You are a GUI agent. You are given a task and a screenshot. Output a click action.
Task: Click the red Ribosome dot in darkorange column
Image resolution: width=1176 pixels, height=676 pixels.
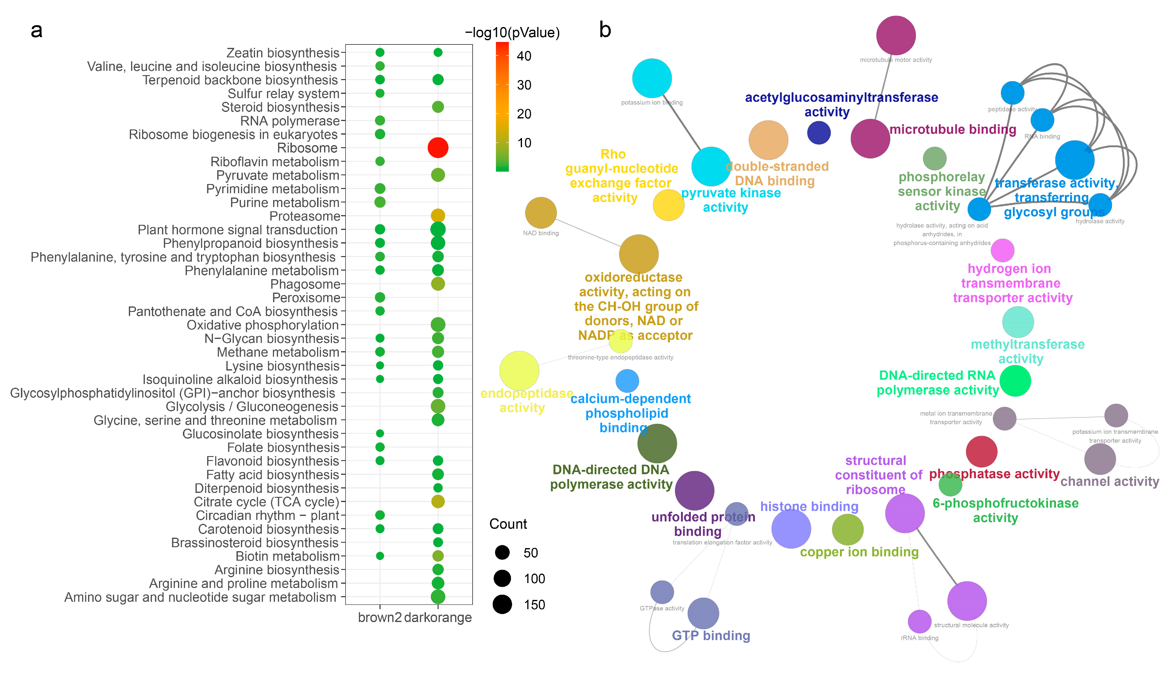(x=438, y=148)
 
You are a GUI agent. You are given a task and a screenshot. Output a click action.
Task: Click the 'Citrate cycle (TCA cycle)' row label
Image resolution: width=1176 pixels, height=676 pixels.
(x=267, y=502)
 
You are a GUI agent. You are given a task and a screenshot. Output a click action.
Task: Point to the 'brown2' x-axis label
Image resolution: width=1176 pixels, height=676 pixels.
(x=379, y=617)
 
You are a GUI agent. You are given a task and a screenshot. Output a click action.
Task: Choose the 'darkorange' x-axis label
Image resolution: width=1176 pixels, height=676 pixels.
(x=438, y=617)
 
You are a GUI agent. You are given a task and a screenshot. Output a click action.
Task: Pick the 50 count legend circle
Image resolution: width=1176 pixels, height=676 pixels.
(x=502, y=552)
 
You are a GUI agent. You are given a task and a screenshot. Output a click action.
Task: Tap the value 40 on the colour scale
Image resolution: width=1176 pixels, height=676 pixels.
(x=524, y=56)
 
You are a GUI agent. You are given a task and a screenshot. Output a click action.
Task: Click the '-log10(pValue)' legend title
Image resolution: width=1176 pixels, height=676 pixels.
(x=512, y=33)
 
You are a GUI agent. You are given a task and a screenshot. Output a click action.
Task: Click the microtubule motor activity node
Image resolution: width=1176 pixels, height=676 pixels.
(x=896, y=35)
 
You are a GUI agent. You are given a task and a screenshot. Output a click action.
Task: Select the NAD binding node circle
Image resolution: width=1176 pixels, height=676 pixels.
(x=541, y=213)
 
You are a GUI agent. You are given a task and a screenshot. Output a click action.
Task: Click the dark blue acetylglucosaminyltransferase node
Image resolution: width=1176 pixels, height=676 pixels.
(x=818, y=133)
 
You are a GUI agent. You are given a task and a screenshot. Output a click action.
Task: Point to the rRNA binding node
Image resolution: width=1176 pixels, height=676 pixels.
(x=919, y=621)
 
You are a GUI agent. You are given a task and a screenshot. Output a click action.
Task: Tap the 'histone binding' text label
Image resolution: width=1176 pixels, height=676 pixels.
(x=809, y=506)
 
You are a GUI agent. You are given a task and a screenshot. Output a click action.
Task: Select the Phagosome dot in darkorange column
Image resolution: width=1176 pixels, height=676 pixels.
(x=438, y=284)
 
